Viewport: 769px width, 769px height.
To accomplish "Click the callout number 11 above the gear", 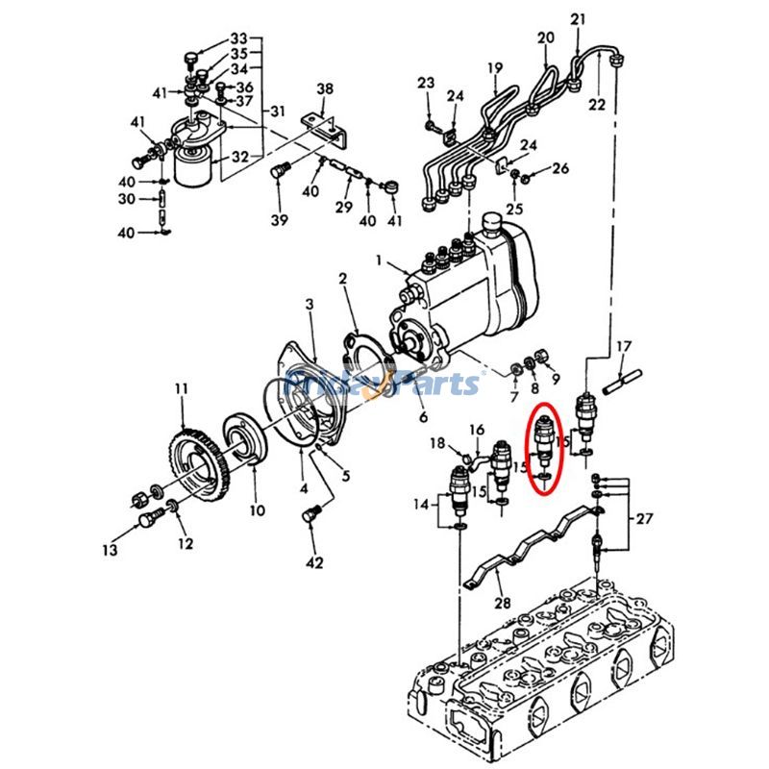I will [181, 389].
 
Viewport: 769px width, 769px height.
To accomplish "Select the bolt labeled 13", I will [148, 519].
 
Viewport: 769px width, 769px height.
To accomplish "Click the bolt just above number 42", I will [310, 517].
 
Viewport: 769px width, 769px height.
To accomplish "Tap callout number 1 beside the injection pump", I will [379, 260].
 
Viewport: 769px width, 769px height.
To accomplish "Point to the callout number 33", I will [238, 39].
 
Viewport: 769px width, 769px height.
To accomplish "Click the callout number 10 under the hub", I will [258, 510].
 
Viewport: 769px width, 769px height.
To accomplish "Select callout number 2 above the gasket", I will [342, 279].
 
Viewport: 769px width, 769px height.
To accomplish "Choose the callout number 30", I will [126, 199].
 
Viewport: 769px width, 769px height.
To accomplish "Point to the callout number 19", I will [495, 68].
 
